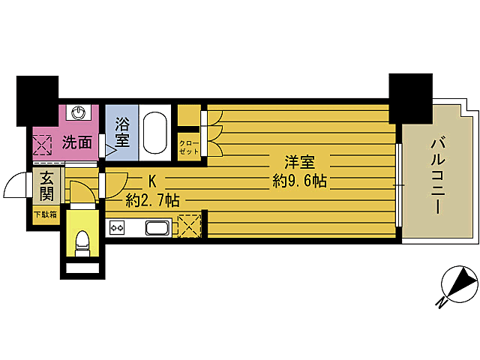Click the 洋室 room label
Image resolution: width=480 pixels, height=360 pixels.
(x=299, y=162)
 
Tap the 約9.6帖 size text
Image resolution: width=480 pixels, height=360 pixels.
(x=299, y=181)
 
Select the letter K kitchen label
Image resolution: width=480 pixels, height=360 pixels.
(x=152, y=181)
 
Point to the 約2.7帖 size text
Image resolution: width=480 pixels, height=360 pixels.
(x=152, y=201)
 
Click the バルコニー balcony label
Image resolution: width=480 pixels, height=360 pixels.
(x=438, y=175)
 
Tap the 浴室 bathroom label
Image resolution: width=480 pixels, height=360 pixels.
(x=122, y=132)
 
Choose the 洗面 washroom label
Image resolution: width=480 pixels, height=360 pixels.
(x=76, y=142)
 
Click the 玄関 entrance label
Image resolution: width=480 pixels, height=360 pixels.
(x=46, y=186)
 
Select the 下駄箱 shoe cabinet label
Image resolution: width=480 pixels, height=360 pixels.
(x=45, y=214)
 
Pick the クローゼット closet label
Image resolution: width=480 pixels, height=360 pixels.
(x=189, y=148)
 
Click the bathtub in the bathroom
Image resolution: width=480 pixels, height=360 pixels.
(x=155, y=133)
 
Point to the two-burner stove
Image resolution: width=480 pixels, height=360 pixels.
(x=117, y=228)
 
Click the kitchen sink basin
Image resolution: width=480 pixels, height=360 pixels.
(x=157, y=228)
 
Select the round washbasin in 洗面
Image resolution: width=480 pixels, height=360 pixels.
(x=79, y=113)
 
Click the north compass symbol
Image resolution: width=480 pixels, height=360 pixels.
(x=460, y=284)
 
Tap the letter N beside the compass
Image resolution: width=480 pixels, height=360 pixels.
(x=440, y=303)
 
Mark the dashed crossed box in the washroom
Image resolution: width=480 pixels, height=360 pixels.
(x=42, y=145)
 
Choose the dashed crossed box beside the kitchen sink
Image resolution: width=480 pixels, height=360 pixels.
(x=189, y=226)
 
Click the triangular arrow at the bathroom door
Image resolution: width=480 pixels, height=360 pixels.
(x=110, y=150)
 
